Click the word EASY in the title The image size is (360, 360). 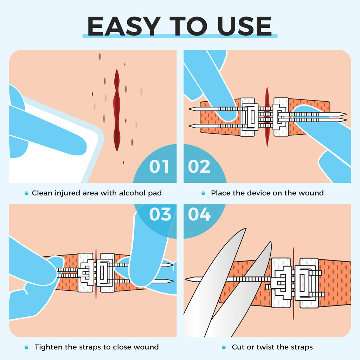tap(124, 26)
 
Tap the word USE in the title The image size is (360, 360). tap(245, 26)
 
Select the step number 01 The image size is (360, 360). tap(159, 166)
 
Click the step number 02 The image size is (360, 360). tap(199, 166)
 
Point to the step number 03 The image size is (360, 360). tap(160, 214)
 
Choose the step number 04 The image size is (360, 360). tap(199, 214)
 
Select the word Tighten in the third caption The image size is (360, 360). tap(49, 347)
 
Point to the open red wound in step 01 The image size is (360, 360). tap(117, 110)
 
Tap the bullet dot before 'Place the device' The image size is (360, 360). tap(203, 193)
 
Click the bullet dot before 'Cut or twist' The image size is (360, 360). tap(224, 347)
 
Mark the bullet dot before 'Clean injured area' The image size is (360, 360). tap(26, 193)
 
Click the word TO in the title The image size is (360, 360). tap(189, 26)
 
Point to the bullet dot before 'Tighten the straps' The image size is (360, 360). tap(26, 347)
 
